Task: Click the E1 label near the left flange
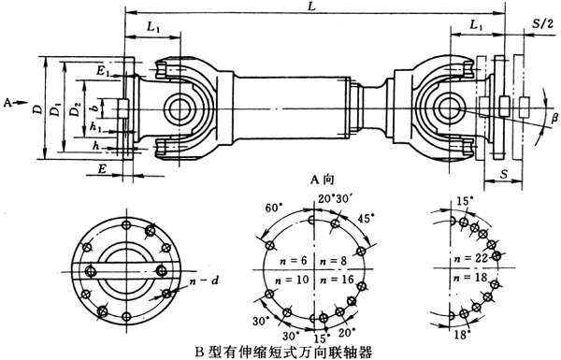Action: [x=103, y=70]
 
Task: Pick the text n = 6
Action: [x=292, y=257]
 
